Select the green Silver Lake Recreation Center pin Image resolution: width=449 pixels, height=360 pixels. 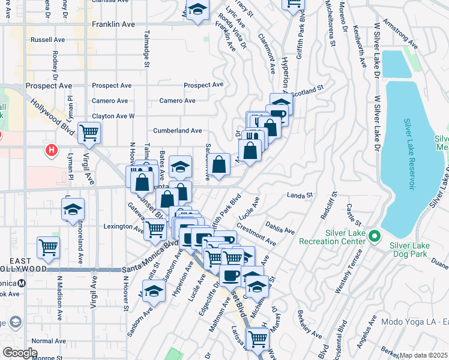375,235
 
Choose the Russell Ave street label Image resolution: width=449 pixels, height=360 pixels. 47,40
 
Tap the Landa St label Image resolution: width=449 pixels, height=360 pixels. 300,195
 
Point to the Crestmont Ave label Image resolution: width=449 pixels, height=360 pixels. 256,234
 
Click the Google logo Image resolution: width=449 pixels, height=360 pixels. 20,352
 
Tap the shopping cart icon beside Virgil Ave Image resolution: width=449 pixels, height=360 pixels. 89,132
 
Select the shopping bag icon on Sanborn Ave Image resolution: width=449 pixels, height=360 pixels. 220,164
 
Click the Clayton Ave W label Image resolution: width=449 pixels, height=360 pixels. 113,116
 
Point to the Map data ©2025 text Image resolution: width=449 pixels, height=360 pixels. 424,355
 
